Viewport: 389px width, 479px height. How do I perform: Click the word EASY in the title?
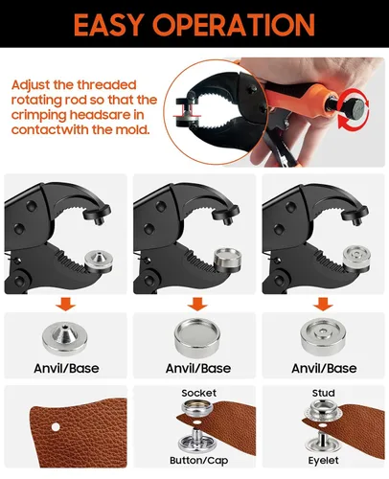click(107, 25)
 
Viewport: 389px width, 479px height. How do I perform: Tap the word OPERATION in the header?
click(234, 25)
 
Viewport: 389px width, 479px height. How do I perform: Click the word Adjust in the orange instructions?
click(31, 85)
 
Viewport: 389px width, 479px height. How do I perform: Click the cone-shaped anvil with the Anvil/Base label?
click(65, 338)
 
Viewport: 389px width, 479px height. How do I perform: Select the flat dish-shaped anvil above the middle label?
click(197, 337)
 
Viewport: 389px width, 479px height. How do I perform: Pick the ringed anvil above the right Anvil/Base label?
click(323, 337)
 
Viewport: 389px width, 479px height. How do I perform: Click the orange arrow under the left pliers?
click(65, 304)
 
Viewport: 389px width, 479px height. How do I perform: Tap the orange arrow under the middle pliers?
click(197, 304)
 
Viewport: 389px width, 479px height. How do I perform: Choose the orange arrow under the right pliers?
click(323, 304)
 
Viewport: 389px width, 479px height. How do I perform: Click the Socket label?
click(198, 393)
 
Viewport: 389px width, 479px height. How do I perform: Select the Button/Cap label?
click(198, 460)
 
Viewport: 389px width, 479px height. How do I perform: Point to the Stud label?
click(323, 393)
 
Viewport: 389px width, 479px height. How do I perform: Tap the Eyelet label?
click(323, 461)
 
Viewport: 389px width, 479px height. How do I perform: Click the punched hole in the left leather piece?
click(56, 426)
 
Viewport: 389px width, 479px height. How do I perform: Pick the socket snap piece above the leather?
click(197, 407)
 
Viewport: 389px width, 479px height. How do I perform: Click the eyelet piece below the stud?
click(322, 442)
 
